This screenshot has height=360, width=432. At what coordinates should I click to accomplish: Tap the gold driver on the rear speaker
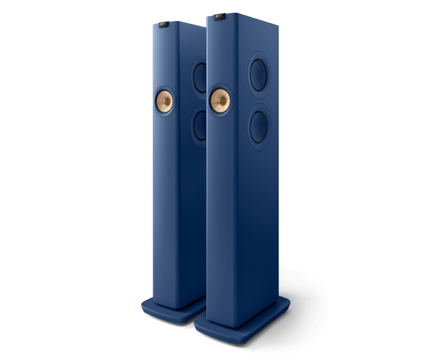165,101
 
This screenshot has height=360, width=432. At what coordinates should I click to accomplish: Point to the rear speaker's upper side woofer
199,76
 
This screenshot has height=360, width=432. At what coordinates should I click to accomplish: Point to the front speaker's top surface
239,17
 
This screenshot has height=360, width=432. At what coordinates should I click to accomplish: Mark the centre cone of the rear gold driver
164,101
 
